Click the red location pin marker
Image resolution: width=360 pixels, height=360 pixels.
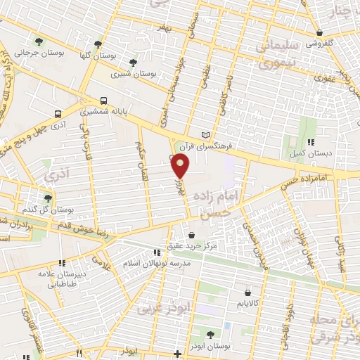[x=181, y=167]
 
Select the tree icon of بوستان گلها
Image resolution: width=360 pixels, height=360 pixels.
[x=105, y=43]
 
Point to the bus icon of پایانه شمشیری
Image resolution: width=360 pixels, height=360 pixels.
[x=104, y=100]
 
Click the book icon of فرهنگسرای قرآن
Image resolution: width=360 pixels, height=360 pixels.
[x=205, y=134]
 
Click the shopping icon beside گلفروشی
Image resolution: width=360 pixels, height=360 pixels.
[x=319, y=32]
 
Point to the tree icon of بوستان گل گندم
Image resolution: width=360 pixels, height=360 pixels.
[x=48, y=199]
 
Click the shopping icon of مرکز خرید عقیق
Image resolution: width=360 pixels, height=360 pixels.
[x=192, y=235]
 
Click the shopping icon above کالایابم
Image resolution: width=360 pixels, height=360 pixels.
[x=247, y=292]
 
